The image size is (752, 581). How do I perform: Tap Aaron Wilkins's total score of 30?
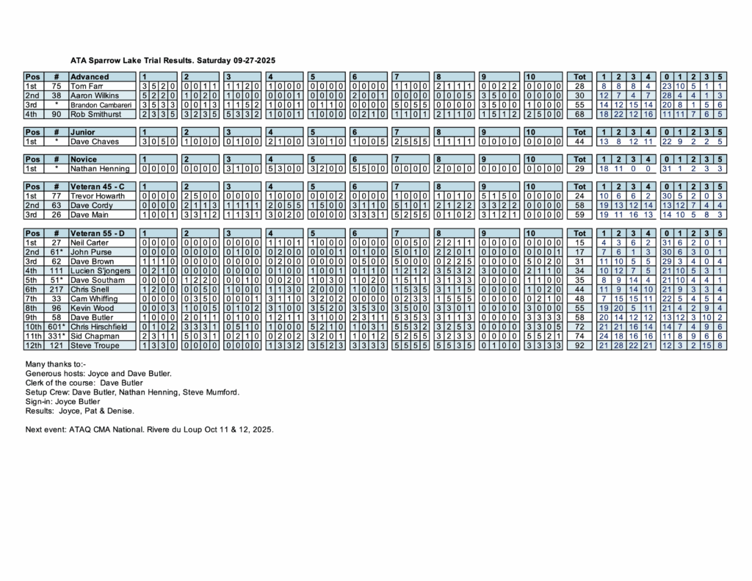[x=579, y=95]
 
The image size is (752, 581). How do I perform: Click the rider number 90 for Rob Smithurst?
[x=56, y=114]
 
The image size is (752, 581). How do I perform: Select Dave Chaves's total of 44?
[x=579, y=141]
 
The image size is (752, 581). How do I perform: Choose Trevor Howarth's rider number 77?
[x=56, y=196]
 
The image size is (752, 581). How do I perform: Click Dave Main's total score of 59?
[x=579, y=214]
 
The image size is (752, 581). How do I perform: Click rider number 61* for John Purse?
[x=56, y=251]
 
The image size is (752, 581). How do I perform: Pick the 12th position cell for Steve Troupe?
[x=33, y=344]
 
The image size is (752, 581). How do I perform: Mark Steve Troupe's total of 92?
[x=579, y=344]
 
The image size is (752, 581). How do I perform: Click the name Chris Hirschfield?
[x=101, y=325]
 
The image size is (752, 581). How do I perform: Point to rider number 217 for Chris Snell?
[x=56, y=288]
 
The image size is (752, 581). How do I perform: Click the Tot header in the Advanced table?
[x=579, y=76]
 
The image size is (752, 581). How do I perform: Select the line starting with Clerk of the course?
[x=84, y=383]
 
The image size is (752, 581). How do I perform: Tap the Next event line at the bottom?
[x=148, y=428]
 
